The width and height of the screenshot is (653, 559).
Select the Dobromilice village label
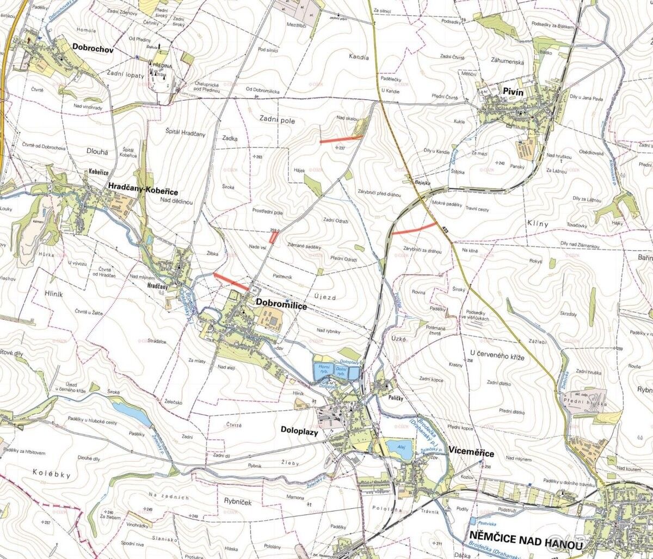281,306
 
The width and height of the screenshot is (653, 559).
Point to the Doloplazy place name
299,430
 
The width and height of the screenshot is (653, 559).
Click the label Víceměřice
472,453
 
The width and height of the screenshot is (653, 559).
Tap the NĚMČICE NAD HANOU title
526,544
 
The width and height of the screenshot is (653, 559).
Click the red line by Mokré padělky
414,228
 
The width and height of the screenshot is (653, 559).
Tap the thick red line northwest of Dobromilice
232,281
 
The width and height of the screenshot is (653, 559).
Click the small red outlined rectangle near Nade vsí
274,238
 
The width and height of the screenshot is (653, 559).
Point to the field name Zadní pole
277,121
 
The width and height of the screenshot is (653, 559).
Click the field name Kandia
360,57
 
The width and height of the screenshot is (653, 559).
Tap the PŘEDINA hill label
163,65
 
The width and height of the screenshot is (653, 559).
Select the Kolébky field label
51,474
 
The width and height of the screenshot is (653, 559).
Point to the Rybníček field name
238,502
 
